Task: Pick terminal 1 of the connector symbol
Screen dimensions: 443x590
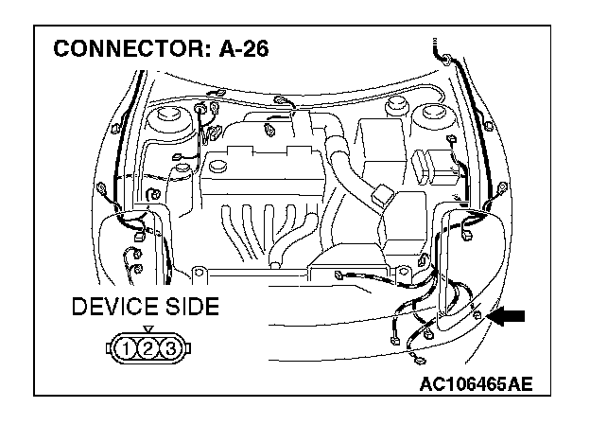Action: coord(126,350)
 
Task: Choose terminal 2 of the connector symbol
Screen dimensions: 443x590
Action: coord(147,350)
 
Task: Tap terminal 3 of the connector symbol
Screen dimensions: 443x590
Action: coord(169,350)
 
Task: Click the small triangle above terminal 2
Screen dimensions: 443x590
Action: coord(147,328)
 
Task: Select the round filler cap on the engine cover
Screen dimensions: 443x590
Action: coord(217,165)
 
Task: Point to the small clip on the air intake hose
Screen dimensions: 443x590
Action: coord(383,197)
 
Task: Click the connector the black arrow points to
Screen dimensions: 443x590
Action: coord(479,313)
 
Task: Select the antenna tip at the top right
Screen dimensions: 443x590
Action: coord(438,47)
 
